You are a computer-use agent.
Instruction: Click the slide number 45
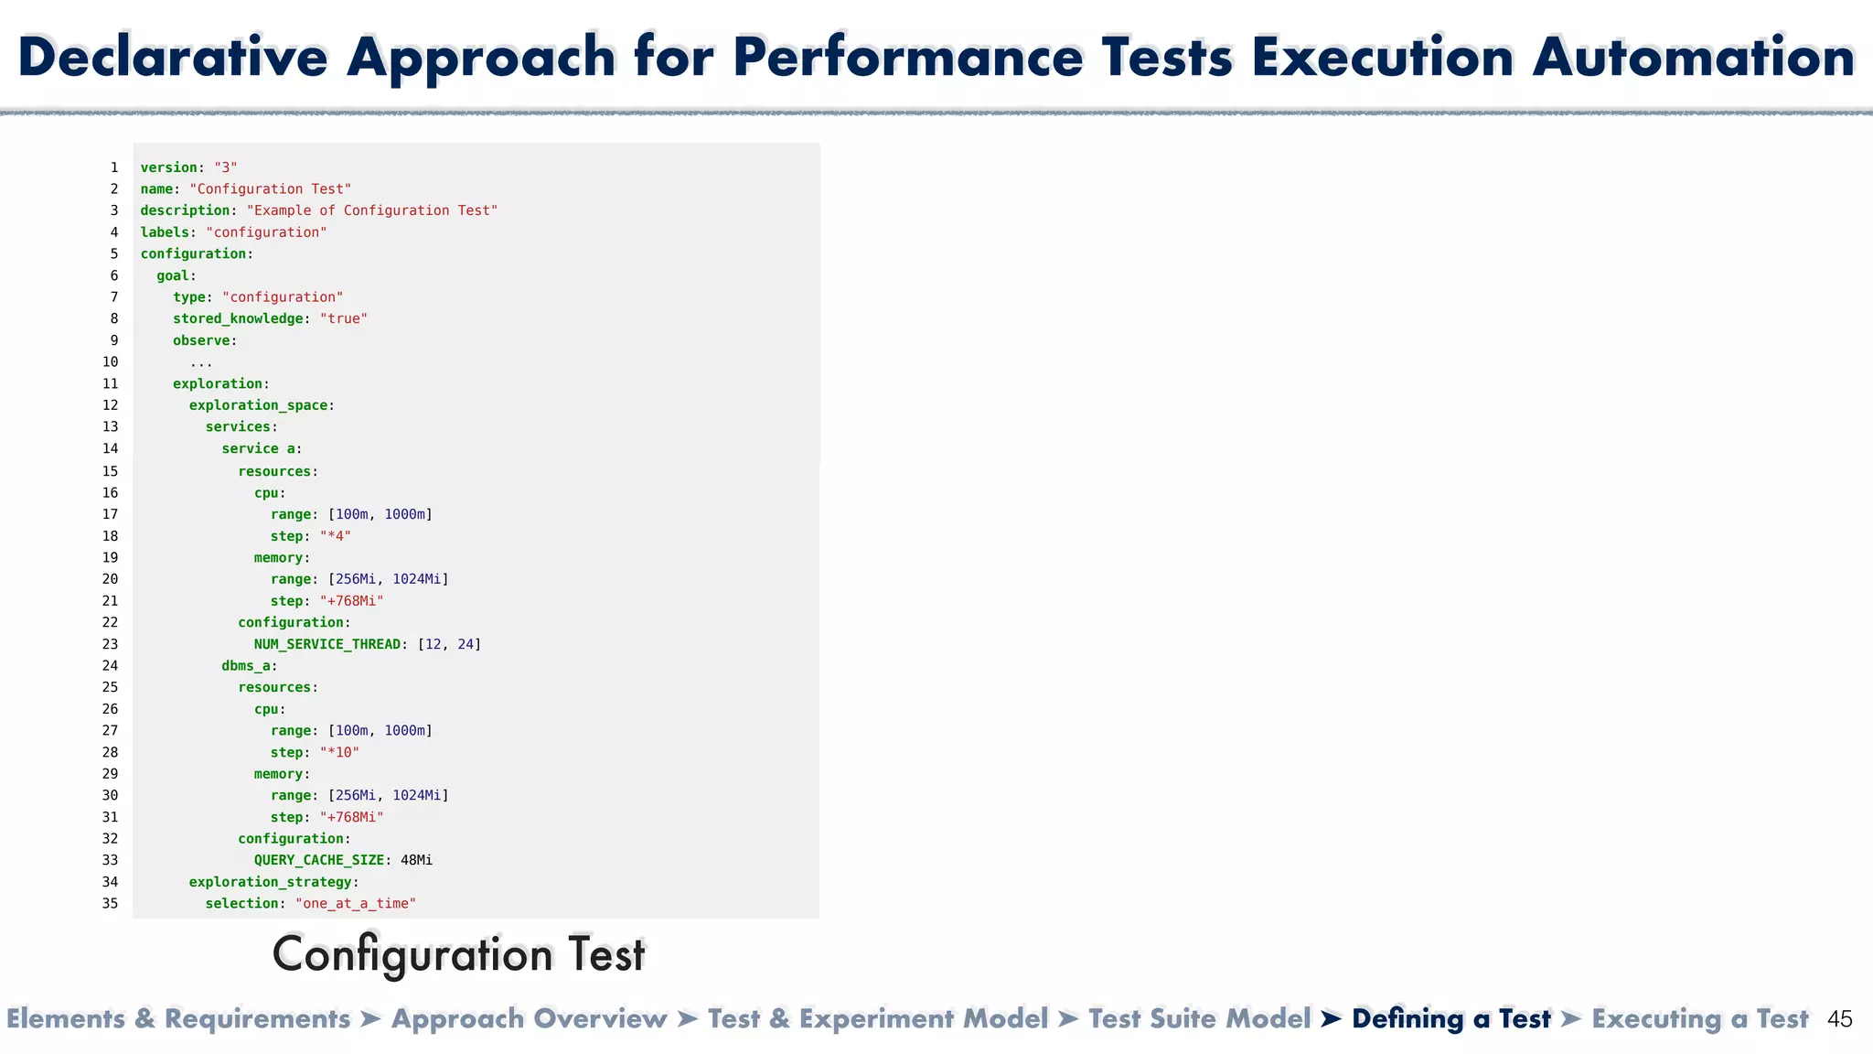pos(1839,1019)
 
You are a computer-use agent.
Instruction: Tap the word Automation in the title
pos(1694,57)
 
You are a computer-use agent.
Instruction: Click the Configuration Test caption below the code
pos(459,954)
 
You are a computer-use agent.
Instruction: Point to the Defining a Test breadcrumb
pos(1450,1019)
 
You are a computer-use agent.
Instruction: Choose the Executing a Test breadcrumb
pos(1699,1019)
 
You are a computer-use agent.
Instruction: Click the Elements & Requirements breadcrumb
pos(178,1019)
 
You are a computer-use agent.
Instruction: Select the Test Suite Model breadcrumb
pos(1199,1019)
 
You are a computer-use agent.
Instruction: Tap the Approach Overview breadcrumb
pos(529,1019)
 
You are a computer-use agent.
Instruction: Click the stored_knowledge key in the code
pos(238,318)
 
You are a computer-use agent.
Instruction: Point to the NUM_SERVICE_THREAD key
pos(326,644)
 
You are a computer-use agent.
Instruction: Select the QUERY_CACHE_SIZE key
pos(318,860)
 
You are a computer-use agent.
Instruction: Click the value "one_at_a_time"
pos(356,904)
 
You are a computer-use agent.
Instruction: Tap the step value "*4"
pos(335,536)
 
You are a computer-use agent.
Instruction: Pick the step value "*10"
pos(339,752)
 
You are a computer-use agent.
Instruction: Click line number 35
pos(110,904)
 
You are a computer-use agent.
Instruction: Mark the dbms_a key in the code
pos(245,666)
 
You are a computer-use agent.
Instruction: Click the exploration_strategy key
pos(270,882)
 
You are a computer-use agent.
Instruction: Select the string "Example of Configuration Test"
pos(372,210)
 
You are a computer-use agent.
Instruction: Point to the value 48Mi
pos(416,860)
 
